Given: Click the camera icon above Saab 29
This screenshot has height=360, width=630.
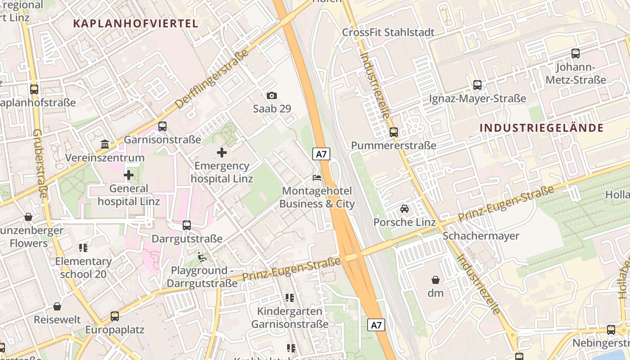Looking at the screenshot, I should (271, 95).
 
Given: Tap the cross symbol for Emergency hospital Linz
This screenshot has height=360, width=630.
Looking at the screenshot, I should (222, 153).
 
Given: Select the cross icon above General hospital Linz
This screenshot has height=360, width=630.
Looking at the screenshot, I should (129, 175).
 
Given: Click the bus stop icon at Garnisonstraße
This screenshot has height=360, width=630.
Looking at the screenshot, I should (162, 126).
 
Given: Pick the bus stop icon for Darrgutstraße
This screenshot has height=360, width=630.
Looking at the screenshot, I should (186, 225).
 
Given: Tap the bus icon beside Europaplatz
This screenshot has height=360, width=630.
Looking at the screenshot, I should (115, 316).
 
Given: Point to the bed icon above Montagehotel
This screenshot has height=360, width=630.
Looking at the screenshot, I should (317, 178).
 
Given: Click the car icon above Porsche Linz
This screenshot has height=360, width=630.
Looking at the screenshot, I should (405, 209).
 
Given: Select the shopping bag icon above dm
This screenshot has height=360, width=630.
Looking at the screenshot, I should (435, 279).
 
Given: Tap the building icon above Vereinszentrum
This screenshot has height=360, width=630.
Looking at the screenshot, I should (105, 144).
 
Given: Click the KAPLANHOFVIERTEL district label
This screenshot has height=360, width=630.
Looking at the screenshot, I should (135, 24).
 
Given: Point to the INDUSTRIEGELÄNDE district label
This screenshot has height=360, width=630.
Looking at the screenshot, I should (541, 128).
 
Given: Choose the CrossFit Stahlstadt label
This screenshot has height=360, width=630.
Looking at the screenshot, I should (388, 32).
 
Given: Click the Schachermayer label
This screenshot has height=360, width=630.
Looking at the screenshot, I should (481, 236).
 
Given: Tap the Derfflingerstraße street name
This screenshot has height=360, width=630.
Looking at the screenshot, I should (211, 79).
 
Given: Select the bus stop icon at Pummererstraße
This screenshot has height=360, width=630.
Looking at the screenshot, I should (394, 132).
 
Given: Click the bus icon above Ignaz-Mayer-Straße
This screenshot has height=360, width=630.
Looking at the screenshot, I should (477, 85).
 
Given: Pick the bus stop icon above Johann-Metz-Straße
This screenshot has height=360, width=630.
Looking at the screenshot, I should (575, 54).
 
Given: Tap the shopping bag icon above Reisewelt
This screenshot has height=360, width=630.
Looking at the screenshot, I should (57, 306).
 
